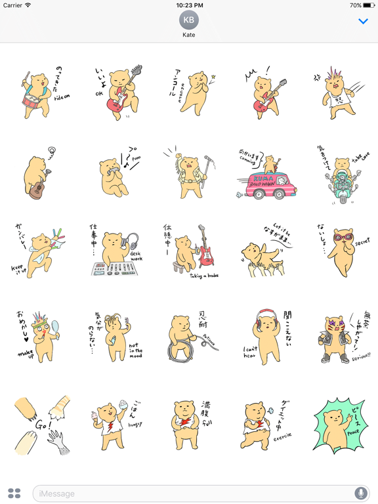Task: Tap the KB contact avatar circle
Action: (x=189, y=20)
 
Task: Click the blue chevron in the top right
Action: (x=363, y=22)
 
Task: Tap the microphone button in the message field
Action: (x=360, y=493)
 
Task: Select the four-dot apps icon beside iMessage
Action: (x=14, y=493)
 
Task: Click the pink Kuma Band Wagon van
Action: (x=266, y=178)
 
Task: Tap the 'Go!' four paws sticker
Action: (x=39, y=425)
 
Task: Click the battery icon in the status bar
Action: (x=367, y=5)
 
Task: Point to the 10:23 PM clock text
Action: (x=189, y=5)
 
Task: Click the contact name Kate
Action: (x=189, y=35)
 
